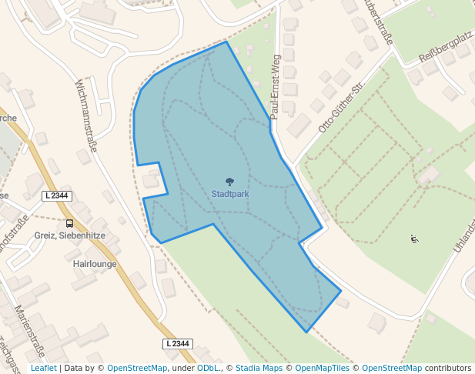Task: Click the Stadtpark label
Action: point(230,194)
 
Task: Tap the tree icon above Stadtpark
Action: point(230,182)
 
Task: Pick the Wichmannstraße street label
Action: point(85,115)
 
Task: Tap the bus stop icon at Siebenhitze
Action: point(70,223)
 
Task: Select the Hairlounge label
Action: point(94,263)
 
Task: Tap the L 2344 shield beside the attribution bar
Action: point(177,343)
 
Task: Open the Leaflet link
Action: point(43,368)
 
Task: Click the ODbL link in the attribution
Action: point(208,368)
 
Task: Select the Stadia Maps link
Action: point(259,368)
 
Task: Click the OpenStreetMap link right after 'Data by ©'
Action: point(137,368)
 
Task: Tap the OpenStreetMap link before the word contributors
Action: point(392,368)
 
